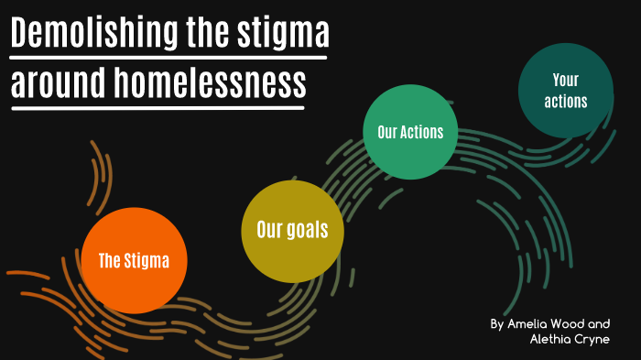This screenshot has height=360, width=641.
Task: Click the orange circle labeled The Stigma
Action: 134,260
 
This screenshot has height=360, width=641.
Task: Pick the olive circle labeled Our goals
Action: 292,231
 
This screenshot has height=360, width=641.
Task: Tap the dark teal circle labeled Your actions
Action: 565,90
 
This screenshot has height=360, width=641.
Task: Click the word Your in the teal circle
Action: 565,81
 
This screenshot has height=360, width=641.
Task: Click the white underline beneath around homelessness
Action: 157,107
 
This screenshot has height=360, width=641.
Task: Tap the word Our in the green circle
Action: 386,132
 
